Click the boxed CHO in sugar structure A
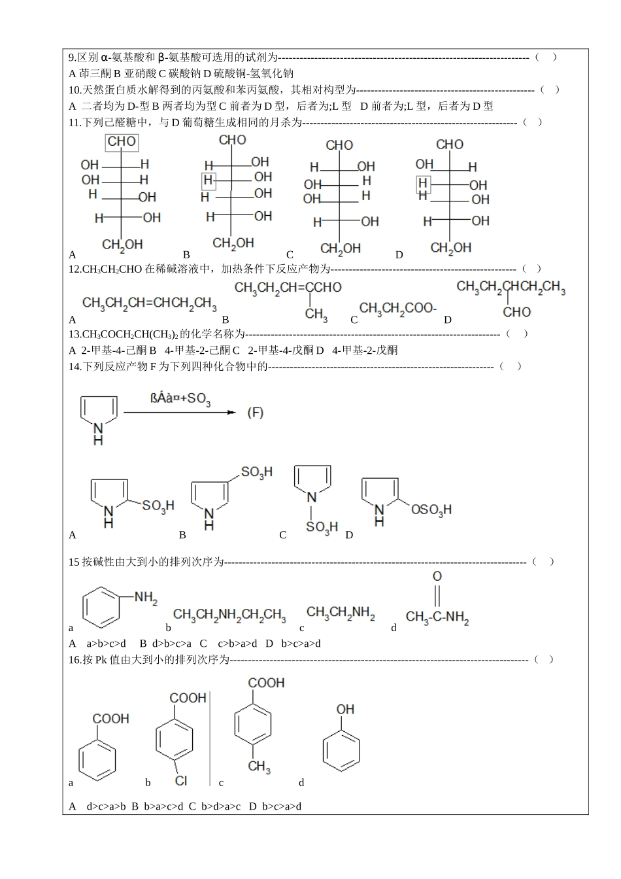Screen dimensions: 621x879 [x=122, y=142]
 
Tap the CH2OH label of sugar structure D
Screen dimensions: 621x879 [x=450, y=247]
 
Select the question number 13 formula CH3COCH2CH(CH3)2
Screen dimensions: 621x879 [x=130, y=334]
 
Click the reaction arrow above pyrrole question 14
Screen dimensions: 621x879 [x=178, y=413]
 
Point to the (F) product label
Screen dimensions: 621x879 [x=255, y=413]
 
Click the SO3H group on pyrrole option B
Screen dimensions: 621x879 [x=256, y=472]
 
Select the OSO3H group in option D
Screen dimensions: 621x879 [x=431, y=509]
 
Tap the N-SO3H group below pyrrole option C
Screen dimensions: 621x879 [x=322, y=526]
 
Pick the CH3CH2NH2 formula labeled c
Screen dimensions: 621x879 [x=341, y=613]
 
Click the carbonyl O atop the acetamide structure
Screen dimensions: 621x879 [x=437, y=576]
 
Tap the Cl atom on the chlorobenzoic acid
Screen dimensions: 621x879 [x=180, y=780]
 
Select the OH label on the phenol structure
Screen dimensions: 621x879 [x=345, y=709]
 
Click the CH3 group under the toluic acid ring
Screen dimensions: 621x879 [x=259, y=767]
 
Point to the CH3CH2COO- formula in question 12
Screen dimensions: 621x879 [x=397, y=308]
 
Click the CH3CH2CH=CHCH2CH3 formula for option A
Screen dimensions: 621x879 [x=150, y=303]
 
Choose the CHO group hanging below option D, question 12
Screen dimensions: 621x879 [x=516, y=312]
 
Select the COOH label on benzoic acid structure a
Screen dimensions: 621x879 [x=110, y=719]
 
